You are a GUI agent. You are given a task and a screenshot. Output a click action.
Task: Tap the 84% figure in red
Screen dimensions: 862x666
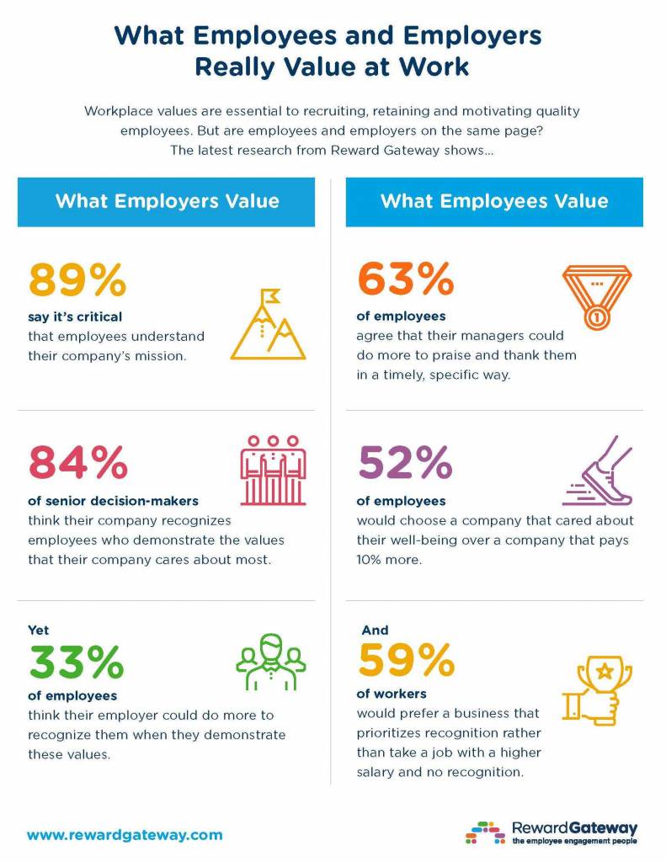pos(77,462)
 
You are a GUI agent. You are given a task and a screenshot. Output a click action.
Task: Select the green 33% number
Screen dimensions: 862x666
pos(77,662)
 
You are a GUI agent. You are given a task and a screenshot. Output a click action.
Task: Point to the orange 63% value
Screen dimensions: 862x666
pos(405,281)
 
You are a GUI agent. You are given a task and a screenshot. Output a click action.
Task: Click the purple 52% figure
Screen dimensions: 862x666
pos(405,462)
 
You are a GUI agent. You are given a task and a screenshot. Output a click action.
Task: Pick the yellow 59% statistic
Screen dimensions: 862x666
pos(406,660)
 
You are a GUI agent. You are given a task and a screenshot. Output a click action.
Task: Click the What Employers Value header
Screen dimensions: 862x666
pos(167,201)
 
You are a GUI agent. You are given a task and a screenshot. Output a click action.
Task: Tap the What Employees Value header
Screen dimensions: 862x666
pos(494,201)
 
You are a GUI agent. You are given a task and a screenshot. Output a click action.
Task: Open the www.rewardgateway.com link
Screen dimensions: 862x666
pos(125,835)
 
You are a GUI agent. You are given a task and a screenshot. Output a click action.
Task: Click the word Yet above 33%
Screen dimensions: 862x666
pos(38,630)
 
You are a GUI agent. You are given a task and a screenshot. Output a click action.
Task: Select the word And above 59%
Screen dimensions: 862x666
pos(375,629)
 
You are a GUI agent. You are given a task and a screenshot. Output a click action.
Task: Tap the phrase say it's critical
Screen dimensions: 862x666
pos(75,317)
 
